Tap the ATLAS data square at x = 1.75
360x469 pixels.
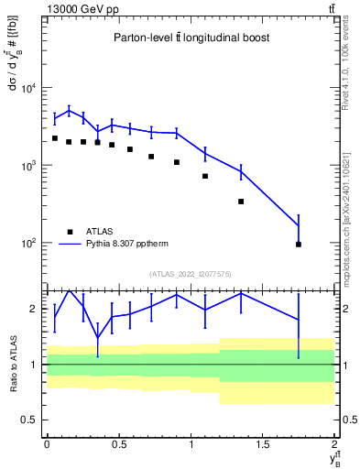(299, 245)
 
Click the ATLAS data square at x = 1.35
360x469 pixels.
(241, 202)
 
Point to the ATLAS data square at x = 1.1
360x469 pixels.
(205, 176)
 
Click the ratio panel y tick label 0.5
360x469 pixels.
(31, 420)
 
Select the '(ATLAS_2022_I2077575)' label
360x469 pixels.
(190, 273)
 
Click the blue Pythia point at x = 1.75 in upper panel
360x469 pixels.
(299, 225)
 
